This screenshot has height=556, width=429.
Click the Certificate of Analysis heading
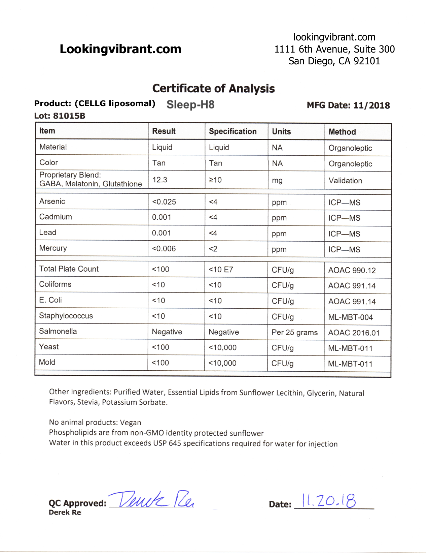pyautogui.click(x=213, y=89)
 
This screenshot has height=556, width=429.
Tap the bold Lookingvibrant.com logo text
pyautogui.click(x=120, y=49)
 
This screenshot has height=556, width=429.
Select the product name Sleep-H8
pyautogui.click(x=190, y=104)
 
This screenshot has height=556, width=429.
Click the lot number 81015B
pyautogui.click(x=69, y=116)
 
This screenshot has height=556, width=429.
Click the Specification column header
pyautogui.click(x=233, y=131)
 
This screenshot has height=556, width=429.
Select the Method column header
pyautogui.click(x=342, y=132)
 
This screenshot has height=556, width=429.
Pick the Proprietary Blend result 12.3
pyautogui.click(x=160, y=180)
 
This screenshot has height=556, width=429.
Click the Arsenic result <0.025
pyautogui.click(x=164, y=202)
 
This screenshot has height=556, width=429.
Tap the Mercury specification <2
pyautogui.click(x=213, y=249)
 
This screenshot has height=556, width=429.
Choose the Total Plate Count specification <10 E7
pyautogui.click(x=221, y=270)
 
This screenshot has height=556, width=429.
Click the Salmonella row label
pyautogui.click(x=58, y=331)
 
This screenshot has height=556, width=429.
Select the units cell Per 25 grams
pyautogui.click(x=294, y=333)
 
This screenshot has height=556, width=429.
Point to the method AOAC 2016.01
pyautogui.click(x=354, y=333)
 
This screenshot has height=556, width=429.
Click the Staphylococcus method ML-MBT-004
pyautogui.click(x=350, y=317)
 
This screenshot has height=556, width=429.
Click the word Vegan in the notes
pyautogui.click(x=131, y=423)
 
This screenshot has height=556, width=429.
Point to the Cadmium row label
pyautogui.click(x=56, y=217)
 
